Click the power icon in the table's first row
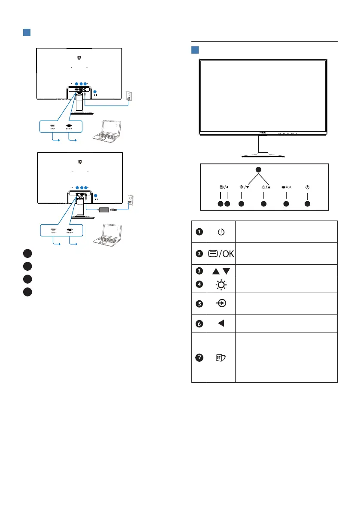coord(221,232)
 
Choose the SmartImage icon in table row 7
coord(221,357)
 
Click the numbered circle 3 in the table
coord(200,271)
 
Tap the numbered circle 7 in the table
coord(200,357)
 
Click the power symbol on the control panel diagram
coord(307,187)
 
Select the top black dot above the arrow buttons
coord(258,170)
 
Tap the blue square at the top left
coord(26,33)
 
